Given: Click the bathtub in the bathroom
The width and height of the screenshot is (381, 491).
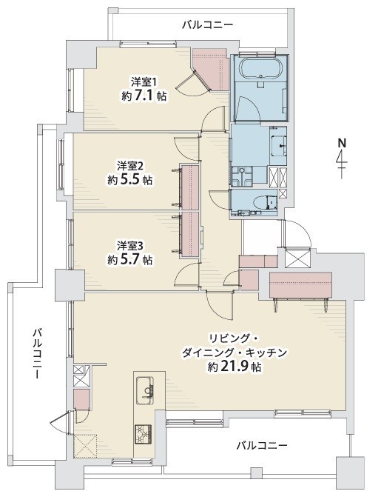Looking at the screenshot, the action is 261,69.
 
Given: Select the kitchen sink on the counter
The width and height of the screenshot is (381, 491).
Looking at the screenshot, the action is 145,391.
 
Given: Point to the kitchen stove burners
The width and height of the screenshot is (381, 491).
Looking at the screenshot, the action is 144,434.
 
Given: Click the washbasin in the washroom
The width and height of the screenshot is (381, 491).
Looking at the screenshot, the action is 279,146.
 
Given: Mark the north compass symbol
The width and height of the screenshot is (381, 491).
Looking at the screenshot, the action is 342,158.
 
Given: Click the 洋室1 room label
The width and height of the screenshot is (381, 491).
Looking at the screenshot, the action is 144,82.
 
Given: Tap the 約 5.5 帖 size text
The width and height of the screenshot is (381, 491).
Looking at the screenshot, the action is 130,180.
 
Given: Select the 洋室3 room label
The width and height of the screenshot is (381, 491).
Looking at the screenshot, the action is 129,246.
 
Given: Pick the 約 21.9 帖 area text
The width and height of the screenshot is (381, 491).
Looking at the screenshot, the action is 235,366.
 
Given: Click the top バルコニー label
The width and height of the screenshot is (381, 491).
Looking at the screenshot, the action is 208,24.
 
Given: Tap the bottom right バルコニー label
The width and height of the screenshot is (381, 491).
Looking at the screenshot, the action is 261,445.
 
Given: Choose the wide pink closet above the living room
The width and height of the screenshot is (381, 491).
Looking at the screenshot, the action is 300,285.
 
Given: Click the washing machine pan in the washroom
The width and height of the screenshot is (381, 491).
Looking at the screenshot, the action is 242,177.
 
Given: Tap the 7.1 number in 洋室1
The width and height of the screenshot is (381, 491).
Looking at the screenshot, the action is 144,96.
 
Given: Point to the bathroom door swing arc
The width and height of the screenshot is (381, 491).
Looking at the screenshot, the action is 247,108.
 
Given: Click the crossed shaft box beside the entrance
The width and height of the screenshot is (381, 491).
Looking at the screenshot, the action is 297,258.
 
